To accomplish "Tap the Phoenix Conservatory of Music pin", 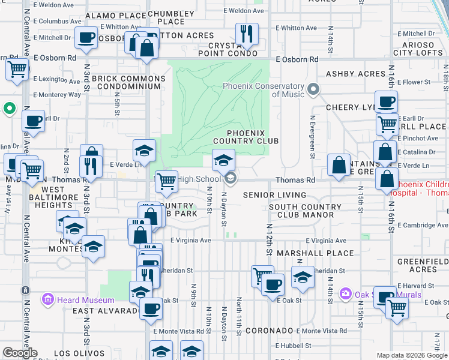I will tap(313, 91).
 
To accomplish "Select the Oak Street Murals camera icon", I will tap(345, 294).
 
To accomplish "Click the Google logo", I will tap(20, 353).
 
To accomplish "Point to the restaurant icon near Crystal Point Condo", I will tap(246, 34).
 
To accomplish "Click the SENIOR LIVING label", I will tap(275, 195).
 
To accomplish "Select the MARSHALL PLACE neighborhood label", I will tap(315, 253).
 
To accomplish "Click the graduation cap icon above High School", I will tap(223, 160).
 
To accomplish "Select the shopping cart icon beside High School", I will tap(167, 180).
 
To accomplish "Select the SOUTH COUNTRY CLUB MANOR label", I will tap(305, 211).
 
